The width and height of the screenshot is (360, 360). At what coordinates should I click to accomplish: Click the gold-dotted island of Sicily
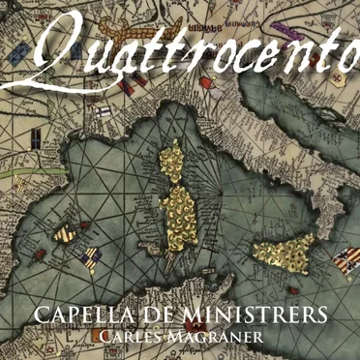(286, 253)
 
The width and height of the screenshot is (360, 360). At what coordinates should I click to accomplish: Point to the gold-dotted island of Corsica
(173, 156)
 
